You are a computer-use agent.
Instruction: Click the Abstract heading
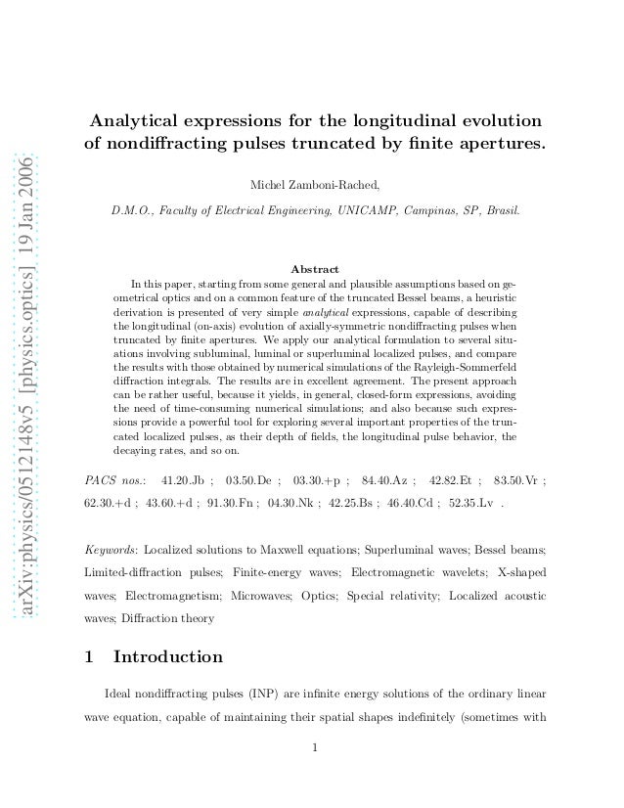point(315,269)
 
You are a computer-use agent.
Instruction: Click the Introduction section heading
point(168,657)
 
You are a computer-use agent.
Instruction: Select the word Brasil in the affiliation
point(500,210)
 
